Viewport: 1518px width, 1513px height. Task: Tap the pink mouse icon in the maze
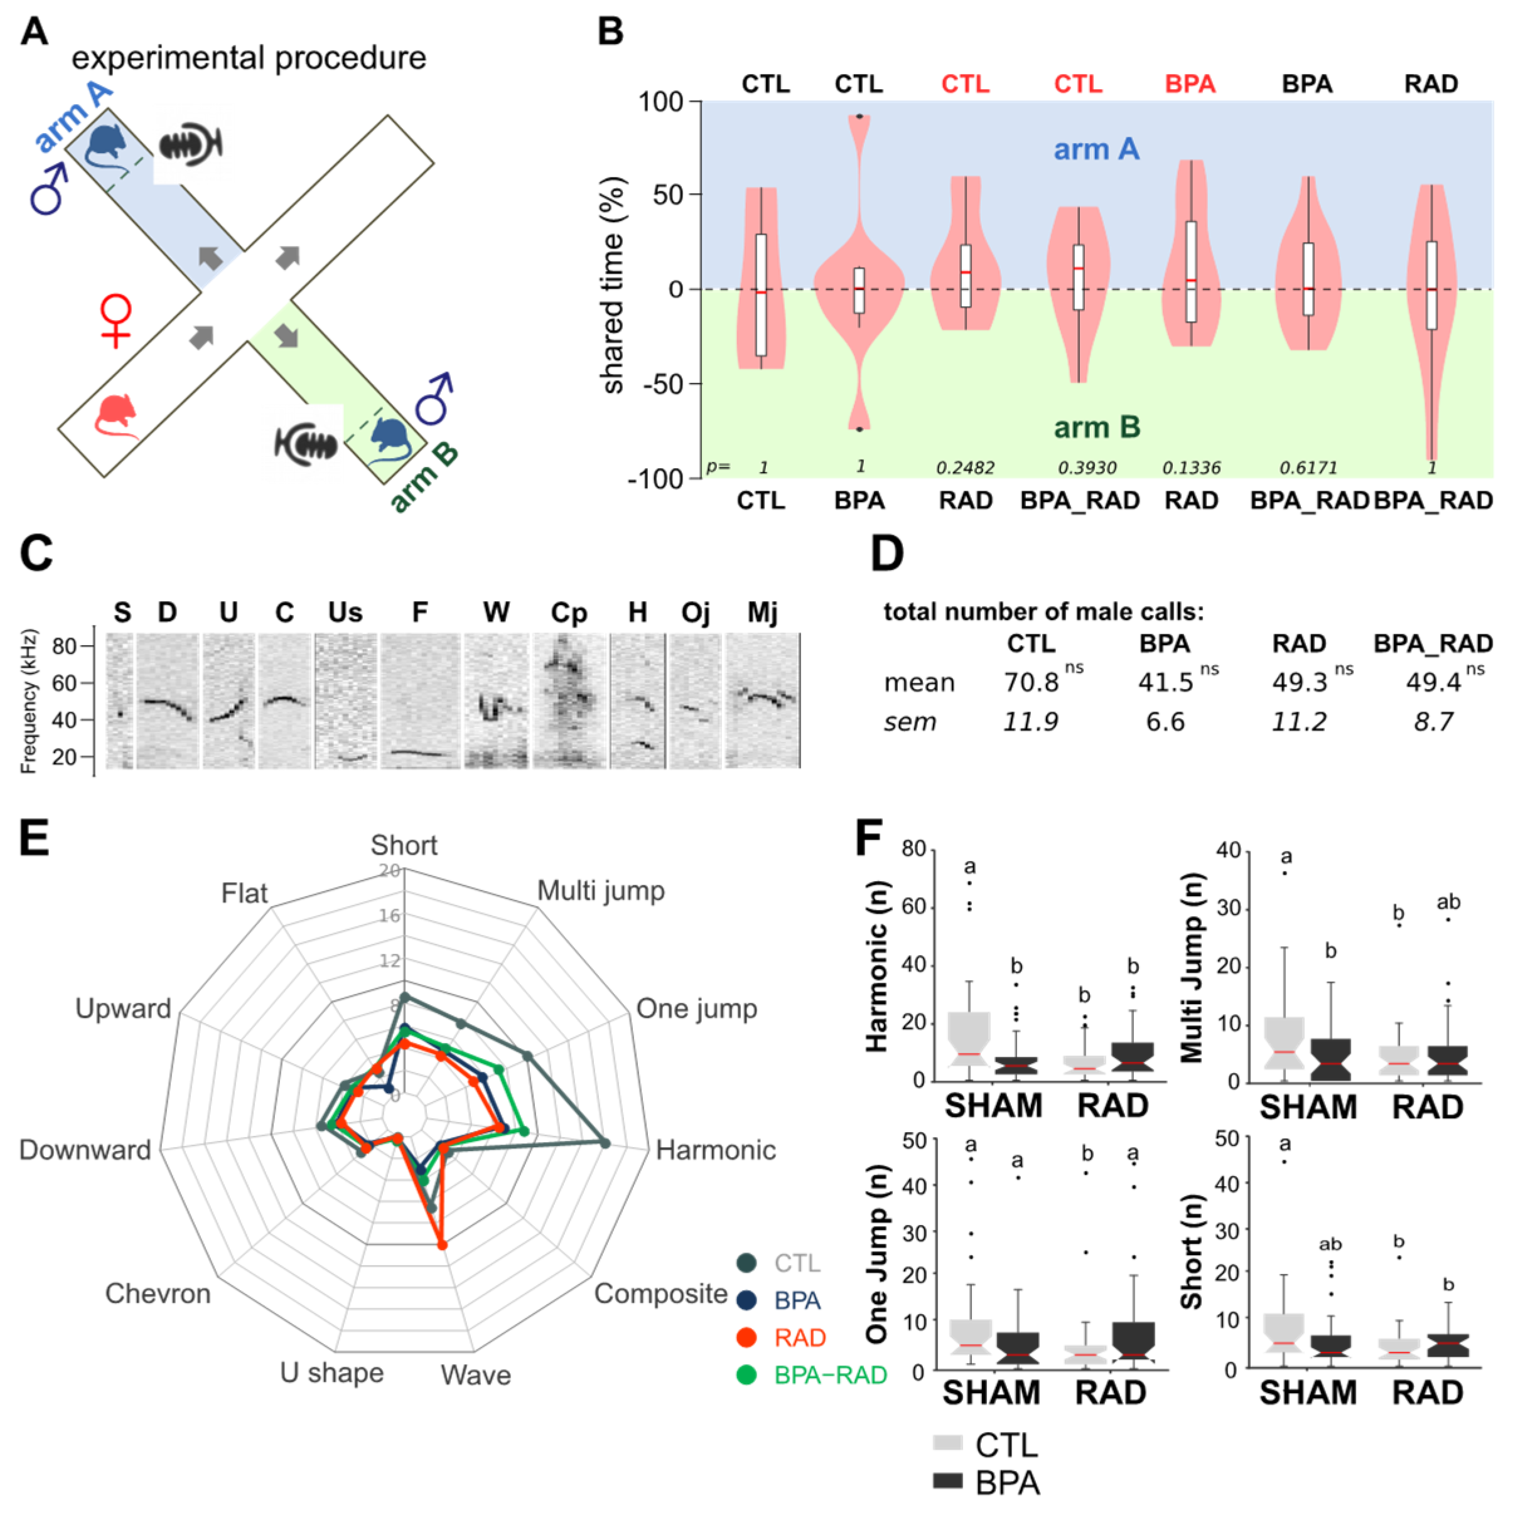[x=116, y=415]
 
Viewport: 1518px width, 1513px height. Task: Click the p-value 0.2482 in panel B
[x=965, y=468]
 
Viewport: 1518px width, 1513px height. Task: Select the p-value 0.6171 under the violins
[x=1308, y=468]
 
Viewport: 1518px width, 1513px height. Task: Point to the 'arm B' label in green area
[x=1097, y=427]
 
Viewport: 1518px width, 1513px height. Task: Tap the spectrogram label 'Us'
[x=345, y=612]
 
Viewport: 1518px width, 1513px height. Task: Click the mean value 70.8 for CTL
[x=1031, y=682]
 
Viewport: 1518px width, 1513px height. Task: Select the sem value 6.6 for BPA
[x=1165, y=721]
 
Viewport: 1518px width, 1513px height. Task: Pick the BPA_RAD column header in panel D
[x=1433, y=643]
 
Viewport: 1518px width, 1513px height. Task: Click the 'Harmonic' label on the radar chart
[x=715, y=1150]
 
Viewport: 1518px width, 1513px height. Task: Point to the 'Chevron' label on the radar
[x=158, y=1294]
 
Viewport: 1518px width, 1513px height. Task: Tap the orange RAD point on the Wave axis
[x=441, y=1245]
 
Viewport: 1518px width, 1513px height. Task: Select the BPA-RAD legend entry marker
[x=746, y=1375]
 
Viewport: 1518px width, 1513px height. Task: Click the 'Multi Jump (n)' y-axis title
[x=1192, y=966]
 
